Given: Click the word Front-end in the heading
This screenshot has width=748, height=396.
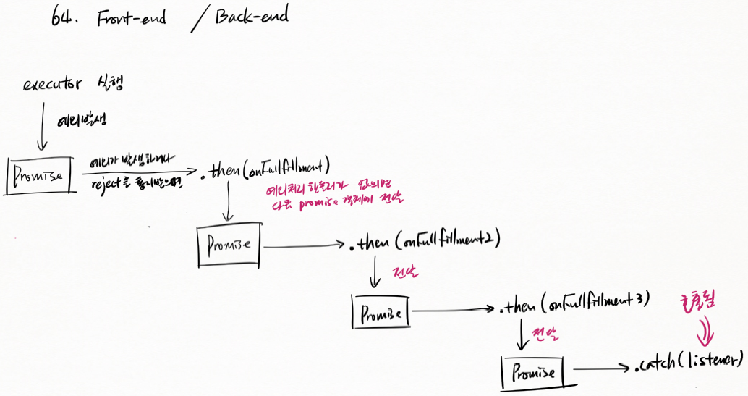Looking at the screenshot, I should pyautogui.click(x=131, y=19).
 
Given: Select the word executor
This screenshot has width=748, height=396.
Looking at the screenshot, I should pyautogui.click(x=53, y=85).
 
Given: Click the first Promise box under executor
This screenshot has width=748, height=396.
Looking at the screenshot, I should pyautogui.click(x=39, y=175).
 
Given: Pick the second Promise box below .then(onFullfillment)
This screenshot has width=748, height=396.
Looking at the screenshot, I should pyautogui.click(x=229, y=244).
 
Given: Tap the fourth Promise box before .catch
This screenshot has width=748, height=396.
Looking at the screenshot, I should pyautogui.click(x=535, y=371).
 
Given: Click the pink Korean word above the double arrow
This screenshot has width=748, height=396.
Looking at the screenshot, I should pyautogui.click(x=697, y=303).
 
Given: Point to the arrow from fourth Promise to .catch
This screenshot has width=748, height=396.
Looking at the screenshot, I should pyautogui.click(x=602, y=368).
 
